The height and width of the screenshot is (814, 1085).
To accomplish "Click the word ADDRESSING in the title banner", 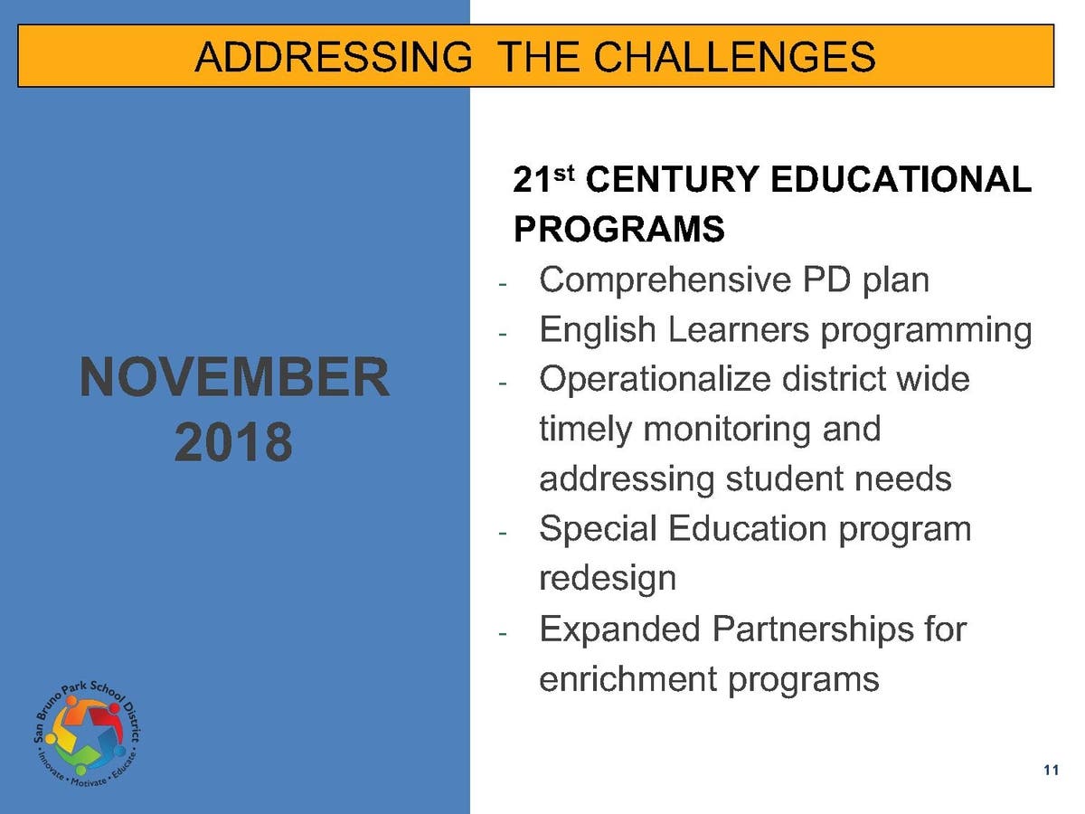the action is [334, 56].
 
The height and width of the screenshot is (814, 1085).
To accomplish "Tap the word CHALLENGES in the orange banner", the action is [734, 56].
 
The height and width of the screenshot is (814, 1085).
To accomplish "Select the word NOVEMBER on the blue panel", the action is [234, 376].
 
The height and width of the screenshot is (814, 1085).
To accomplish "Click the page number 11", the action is [1051, 770].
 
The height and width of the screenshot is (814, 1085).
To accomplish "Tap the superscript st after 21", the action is [563, 174].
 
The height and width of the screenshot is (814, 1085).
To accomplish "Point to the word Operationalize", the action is [655, 380].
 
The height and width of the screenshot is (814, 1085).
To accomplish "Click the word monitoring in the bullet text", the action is [727, 430].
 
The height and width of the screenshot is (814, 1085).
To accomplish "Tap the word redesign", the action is [608, 579].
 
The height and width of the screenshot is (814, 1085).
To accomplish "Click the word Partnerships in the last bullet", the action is [813, 629].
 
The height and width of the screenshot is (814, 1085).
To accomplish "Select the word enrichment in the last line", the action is [627, 678].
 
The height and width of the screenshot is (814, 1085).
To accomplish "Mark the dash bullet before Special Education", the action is [503, 533].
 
